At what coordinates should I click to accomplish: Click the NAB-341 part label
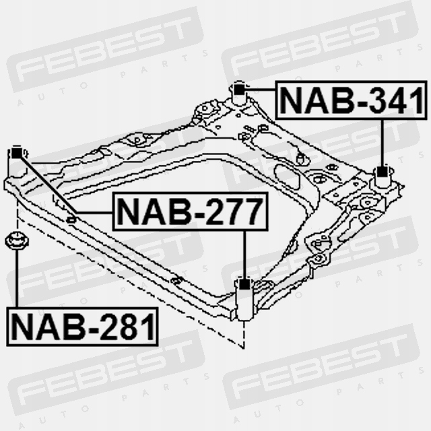[x=352, y=101]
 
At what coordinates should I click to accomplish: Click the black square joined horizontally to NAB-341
[x=238, y=88]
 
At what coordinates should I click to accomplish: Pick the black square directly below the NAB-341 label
[x=382, y=171]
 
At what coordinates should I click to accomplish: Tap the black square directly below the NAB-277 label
[x=244, y=284]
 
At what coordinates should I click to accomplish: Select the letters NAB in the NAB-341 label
[x=309, y=101]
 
